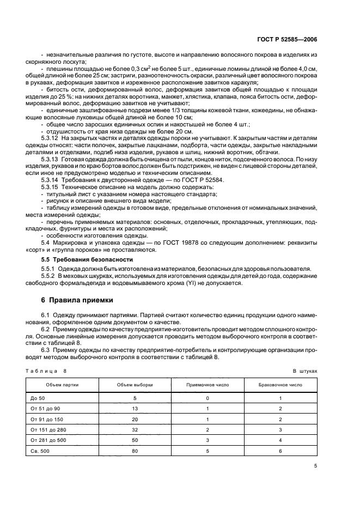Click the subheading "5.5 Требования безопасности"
click(80, 259)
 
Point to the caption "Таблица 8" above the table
click(45, 370)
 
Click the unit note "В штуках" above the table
click(304, 370)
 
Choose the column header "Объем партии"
click(62, 385)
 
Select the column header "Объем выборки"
click(135, 385)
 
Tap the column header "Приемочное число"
click(208, 385)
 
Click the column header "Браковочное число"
click(280, 385)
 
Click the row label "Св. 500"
click(41, 451)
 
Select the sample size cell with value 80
click(135, 451)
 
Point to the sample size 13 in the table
click(135, 408)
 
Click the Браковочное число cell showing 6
click(280, 451)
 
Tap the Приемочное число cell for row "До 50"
click(208, 398)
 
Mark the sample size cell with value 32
click(135, 429)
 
